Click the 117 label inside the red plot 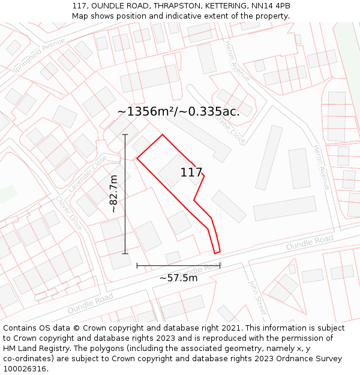coord(191,173)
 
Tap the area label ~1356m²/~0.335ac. coord(178,112)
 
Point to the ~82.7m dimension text coord(113,194)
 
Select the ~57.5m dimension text coord(178,278)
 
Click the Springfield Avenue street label coord(38,56)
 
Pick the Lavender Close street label coord(88,174)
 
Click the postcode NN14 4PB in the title coord(271,6)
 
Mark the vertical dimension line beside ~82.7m coord(125,194)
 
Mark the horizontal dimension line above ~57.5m coord(178,265)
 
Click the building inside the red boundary coord(174,170)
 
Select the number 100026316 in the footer coord(26,368)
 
